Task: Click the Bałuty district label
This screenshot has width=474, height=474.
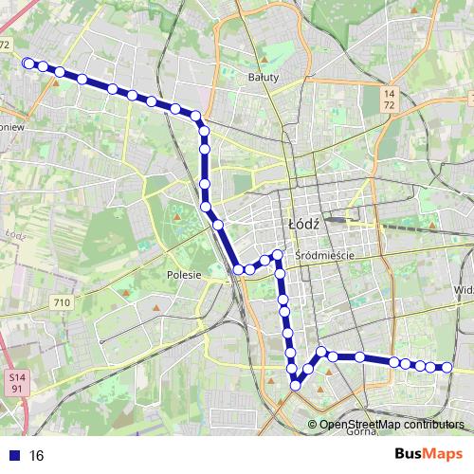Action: click(x=263, y=78)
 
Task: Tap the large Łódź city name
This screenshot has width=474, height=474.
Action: click(x=305, y=225)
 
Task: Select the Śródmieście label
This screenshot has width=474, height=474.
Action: click(x=324, y=256)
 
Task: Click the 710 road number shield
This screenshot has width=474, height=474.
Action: click(x=63, y=302)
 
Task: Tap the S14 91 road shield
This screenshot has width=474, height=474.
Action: click(x=15, y=383)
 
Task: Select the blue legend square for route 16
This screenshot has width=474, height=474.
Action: click(x=16, y=455)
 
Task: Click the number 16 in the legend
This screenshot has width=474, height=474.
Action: click(x=37, y=455)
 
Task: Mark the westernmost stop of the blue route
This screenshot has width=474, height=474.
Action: click(x=27, y=64)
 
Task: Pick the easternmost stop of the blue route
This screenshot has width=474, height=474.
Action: click(x=447, y=368)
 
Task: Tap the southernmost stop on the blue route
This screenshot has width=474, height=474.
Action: click(x=296, y=385)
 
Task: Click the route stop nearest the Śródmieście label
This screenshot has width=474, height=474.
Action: click(x=278, y=254)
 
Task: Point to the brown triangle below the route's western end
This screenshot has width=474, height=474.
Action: click(x=56, y=82)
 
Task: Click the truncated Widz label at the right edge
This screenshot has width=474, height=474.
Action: click(x=464, y=290)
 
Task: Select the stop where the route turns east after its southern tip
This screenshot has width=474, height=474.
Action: click(x=322, y=353)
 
